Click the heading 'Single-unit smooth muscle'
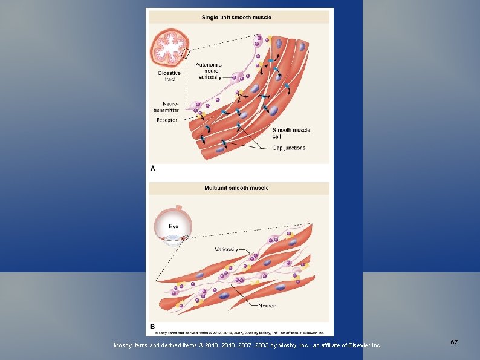coord(236,18)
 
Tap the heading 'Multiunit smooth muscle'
coord(236,188)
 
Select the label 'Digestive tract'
coord(169,76)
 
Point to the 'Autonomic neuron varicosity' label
coord(210,71)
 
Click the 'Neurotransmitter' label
coord(166,107)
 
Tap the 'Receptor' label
coord(167,120)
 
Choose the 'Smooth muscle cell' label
coord(291,133)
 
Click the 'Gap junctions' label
coord(289,148)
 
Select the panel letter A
coord(152,168)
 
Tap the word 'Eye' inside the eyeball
coord(174,226)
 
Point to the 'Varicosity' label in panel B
coord(226,249)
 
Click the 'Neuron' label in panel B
coord(267,306)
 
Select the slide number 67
coord(454,342)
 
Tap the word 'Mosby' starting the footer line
coord(123,345)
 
